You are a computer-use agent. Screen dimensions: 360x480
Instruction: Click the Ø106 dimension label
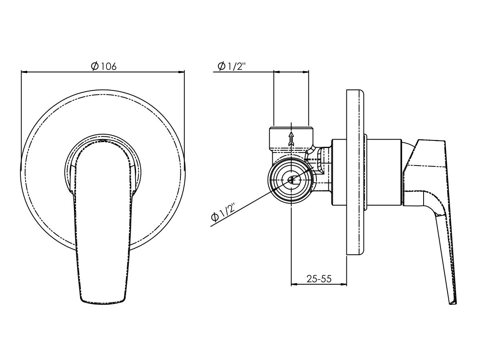(103, 66)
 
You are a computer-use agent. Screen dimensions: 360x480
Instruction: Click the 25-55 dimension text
(319, 279)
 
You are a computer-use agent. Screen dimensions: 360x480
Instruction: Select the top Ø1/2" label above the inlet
(231, 66)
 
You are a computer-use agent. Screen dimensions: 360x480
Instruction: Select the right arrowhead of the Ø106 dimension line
(182, 72)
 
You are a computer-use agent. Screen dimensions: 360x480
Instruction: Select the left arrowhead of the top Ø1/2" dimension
(276, 72)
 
